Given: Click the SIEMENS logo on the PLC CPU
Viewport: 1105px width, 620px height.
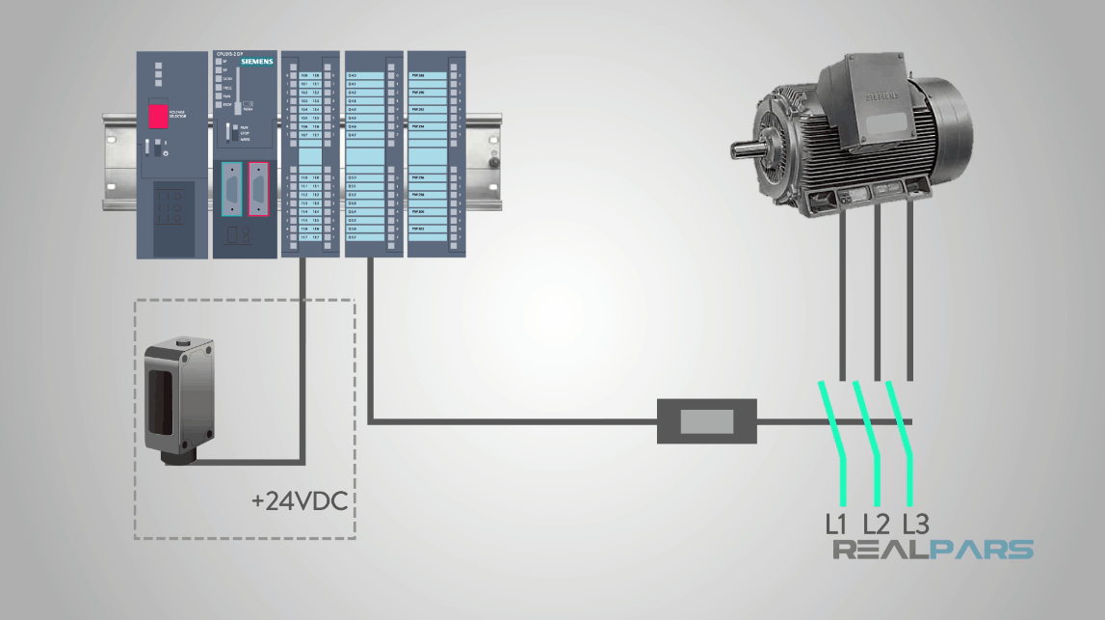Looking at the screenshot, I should (256, 62).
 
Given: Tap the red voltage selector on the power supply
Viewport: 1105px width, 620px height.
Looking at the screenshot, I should (157, 116).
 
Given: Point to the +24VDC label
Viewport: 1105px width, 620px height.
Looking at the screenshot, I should (299, 501).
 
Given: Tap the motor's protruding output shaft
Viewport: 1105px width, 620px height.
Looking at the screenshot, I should (746, 150).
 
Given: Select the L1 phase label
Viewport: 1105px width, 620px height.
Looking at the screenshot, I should (836, 525).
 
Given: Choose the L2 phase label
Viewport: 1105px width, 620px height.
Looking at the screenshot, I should (876, 525).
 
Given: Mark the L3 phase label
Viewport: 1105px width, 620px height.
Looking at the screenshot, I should (915, 525).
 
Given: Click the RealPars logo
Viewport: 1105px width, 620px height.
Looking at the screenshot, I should (933, 551).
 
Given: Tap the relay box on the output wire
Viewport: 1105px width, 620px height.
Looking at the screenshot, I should (706, 421).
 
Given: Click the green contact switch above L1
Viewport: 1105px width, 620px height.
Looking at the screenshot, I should (834, 443).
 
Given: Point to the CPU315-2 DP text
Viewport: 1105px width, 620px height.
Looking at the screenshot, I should (232, 53).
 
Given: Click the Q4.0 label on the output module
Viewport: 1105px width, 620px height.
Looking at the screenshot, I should (353, 75).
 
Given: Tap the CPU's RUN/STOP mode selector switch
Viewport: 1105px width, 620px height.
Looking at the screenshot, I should (231, 133).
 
